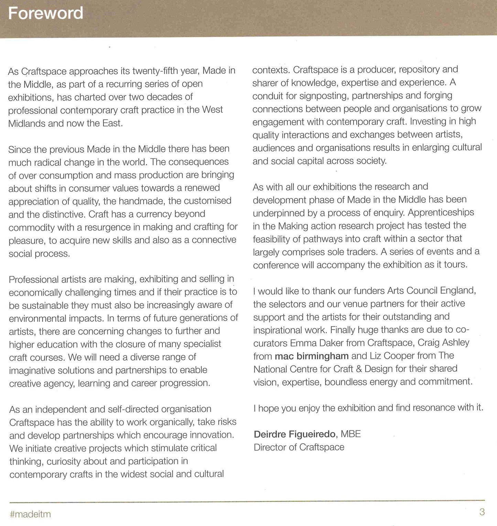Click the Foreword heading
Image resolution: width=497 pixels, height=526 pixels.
pyautogui.click(x=45, y=13)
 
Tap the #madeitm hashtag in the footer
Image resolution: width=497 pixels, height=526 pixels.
pyautogui.click(x=31, y=514)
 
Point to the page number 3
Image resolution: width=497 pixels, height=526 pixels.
pyautogui.click(x=482, y=512)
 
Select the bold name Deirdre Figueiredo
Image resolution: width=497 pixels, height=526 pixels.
pyautogui.click(x=294, y=434)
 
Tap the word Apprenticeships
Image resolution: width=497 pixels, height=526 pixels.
pyautogui.click(x=441, y=212)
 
